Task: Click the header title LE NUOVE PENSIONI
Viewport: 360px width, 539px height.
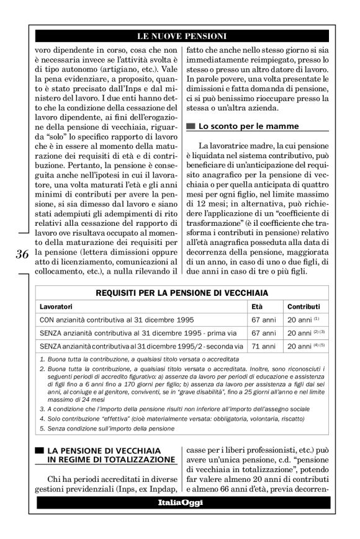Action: click(x=181, y=36)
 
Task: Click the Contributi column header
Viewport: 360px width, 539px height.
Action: click(x=304, y=306)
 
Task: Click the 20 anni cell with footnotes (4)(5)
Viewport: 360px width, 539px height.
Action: click(x=304, y=345)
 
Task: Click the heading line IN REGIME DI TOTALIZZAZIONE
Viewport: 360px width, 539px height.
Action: click(x=110, y=460)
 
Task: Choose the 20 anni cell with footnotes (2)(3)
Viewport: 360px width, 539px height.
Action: click(x=304, y=332)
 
